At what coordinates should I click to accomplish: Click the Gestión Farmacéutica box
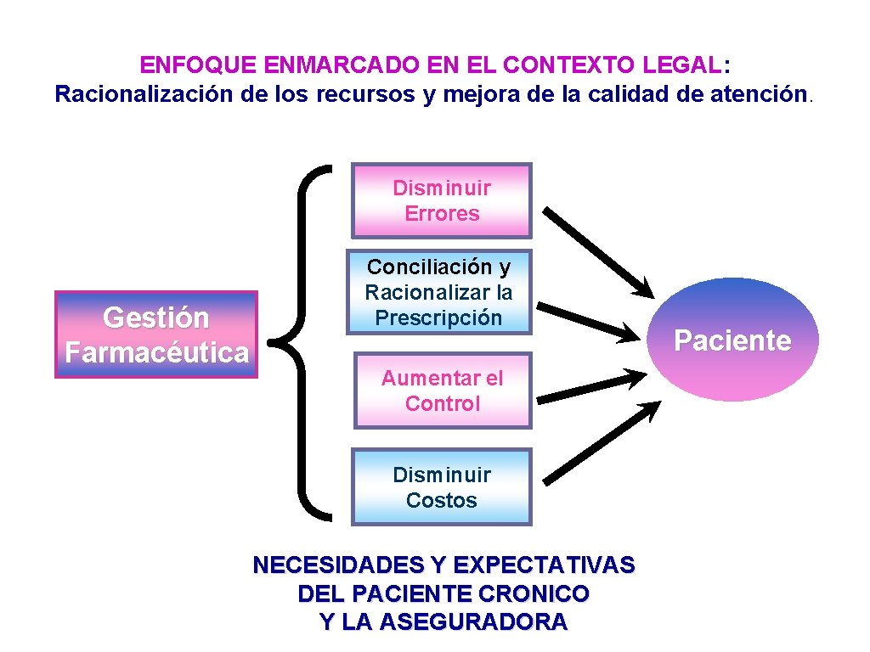point(156,334)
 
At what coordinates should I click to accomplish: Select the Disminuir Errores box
point(442,200)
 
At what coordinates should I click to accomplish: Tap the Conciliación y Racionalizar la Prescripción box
point(439,292)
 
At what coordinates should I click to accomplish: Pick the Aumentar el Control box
point(442,391)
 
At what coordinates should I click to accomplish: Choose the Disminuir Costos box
point(442,487)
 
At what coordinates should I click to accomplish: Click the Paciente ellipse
point(732,340)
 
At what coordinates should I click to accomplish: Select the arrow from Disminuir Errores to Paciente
point(598,251)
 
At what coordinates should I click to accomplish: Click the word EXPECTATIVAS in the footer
point(544,565)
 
